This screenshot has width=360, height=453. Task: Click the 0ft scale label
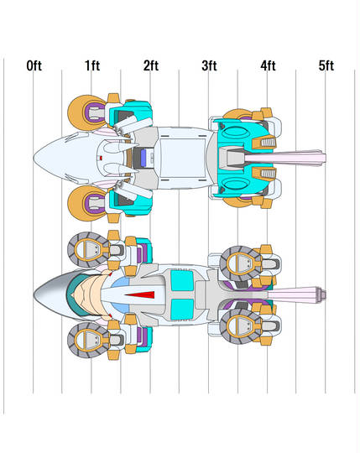(x=34, y=66)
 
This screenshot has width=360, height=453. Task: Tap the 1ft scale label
(x=92, y=65)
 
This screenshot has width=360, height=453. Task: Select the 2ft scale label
(x=151, y=65)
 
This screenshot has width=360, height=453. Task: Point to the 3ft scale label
(x=209, y=65)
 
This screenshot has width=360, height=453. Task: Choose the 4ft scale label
(x=268, y=65)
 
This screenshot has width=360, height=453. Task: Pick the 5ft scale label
(x=326, y=65)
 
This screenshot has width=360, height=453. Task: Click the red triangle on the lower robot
(x=140, y=294)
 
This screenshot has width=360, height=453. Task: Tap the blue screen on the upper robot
(x=143, y=158)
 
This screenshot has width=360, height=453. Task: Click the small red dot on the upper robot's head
(x=101, y=158)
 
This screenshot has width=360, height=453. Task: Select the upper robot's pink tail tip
(x=322, y=158)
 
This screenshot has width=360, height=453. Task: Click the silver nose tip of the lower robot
(x=36, y=295)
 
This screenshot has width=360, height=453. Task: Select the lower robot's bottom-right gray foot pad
(x=241, y=327)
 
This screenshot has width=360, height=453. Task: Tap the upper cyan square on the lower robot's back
(x=182, y=280)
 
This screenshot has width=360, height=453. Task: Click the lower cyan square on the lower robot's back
(x=182, y=309)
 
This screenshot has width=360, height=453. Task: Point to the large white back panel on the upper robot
(x=183, y=158)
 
